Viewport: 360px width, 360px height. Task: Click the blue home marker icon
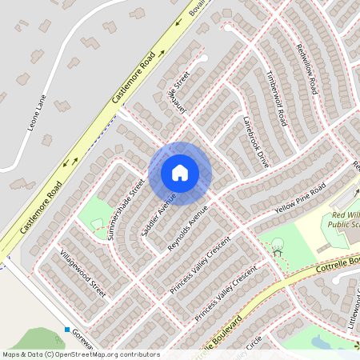point(180,173)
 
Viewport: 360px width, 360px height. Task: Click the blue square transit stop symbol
point(67,330)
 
